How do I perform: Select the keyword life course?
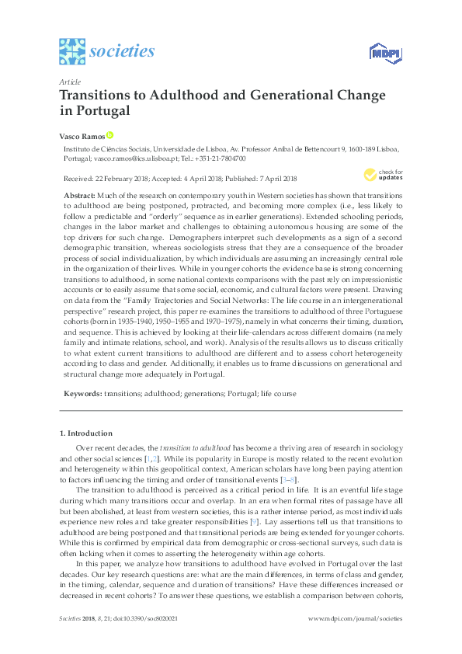(276, 394)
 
